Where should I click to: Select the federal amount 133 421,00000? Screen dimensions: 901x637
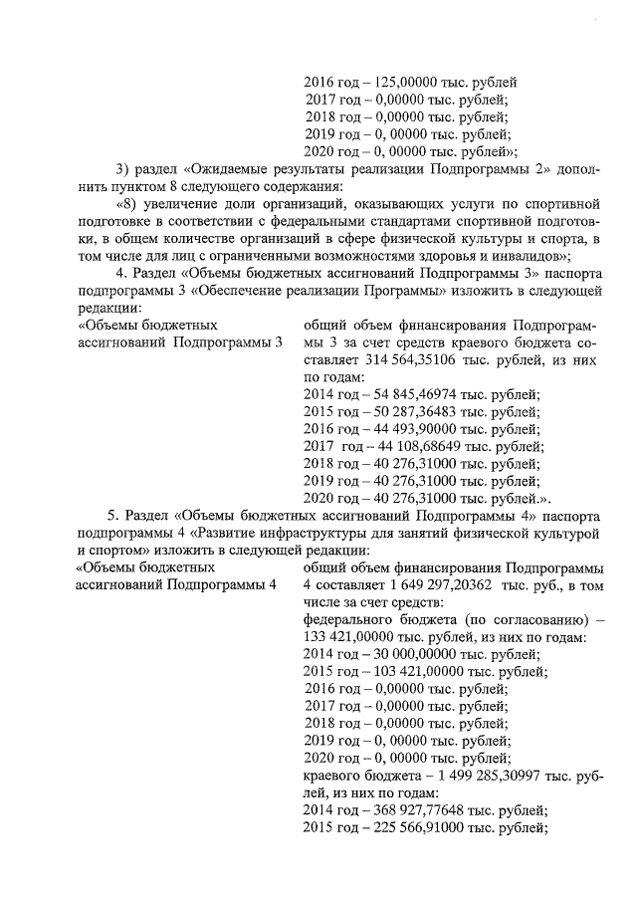[x=347, y=636]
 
